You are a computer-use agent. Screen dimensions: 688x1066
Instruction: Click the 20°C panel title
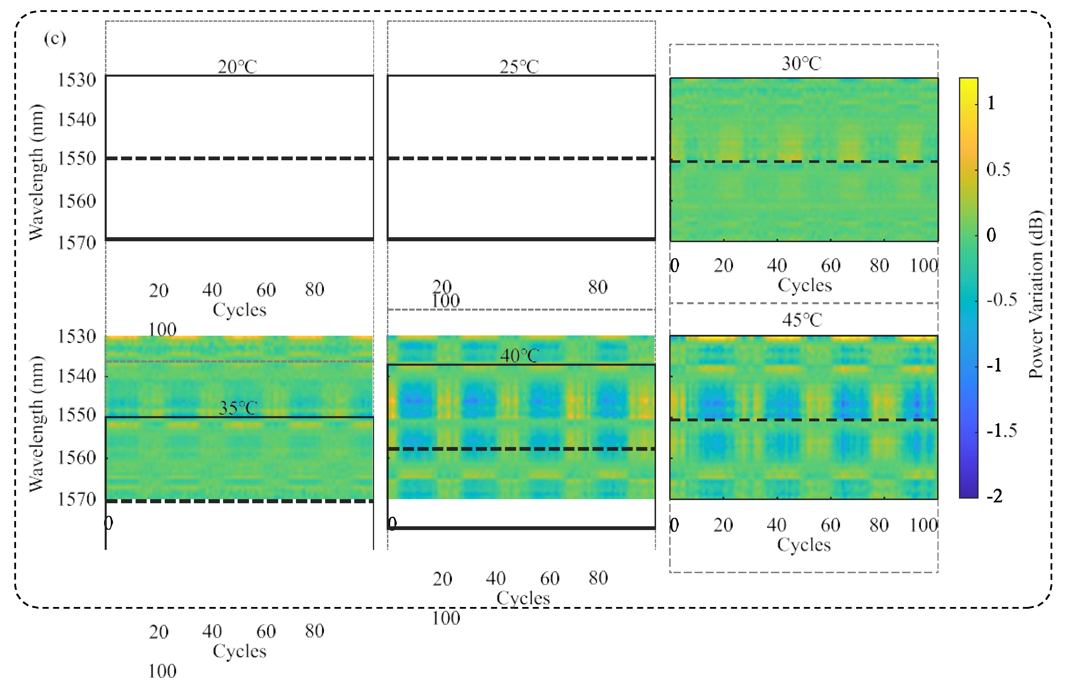tap(237, 67)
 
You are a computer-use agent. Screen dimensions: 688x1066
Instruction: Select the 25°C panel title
tap(519, 67)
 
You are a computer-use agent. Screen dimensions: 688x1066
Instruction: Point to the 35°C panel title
tap(238, 408)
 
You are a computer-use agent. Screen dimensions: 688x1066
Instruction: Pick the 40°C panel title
tap(519, 356)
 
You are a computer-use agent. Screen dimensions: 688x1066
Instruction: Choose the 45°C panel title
tap(802, 320)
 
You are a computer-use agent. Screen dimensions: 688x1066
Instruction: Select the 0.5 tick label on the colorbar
tap(998, 169)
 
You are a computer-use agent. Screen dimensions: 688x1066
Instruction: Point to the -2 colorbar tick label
tap(995, 496)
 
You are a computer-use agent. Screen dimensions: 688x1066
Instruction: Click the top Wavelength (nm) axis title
tap(37, 173)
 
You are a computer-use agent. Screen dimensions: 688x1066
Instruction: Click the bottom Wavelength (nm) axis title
tap(37, 424)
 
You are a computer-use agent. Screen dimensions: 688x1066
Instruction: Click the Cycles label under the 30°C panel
tap(804, 285)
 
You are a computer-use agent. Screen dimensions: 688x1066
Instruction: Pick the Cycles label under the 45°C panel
tap(804, 545)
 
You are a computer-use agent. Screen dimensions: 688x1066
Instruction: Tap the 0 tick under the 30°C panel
tap(674, 266)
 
